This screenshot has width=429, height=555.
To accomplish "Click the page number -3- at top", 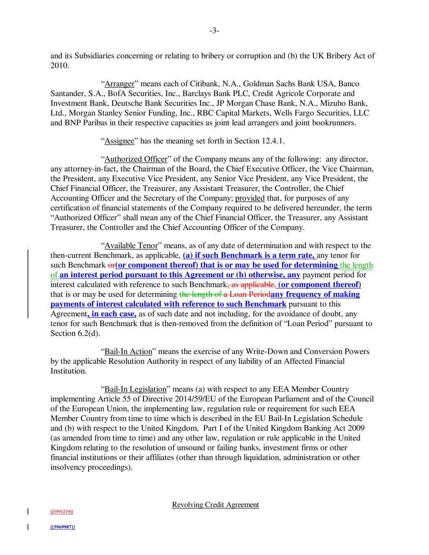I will click(x=214, y=31).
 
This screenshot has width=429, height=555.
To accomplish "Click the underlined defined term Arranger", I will click(x=119, y=84).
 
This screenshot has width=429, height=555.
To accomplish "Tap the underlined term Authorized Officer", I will click(x=136, y=159).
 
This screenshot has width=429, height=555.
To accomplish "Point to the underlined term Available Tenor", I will click(x=131, y=246).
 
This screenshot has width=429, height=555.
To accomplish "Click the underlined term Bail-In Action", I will click(x=128, y=352).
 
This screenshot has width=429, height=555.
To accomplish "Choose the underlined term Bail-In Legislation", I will click(x=135, y=390).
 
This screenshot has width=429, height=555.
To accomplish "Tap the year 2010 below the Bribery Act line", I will click(x=59, y=65).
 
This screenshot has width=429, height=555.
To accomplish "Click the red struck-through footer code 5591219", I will click(x=61, y=511).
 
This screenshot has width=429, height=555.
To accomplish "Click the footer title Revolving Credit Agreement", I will click(x=215, y=505).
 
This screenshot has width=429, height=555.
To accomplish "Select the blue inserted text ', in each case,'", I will click(x=112, y=314).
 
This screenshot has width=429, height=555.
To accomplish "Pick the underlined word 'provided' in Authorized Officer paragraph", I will click(x=250, y=198).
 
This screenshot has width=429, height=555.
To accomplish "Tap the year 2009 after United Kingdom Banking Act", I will click(x=355, y=429).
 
